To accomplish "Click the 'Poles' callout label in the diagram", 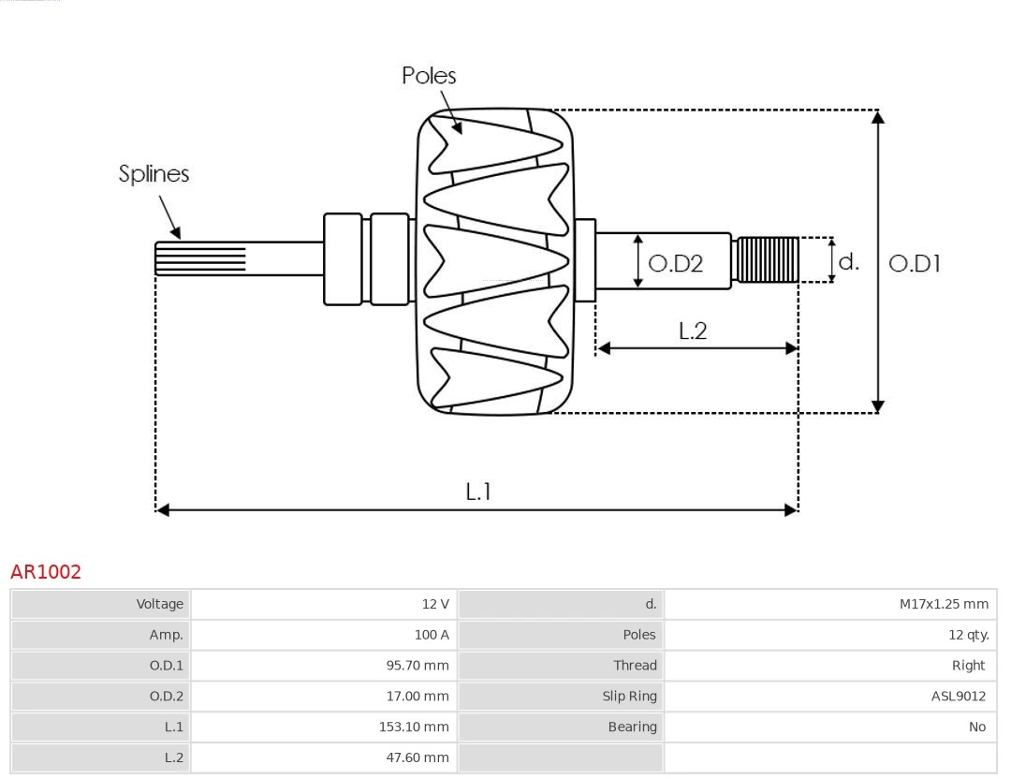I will click(x=429, y=76).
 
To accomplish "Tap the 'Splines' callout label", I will click(x=154, y=174).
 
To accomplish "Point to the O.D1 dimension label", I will click(x=914, y=264).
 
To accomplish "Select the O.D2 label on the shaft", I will click(x=675, y=264).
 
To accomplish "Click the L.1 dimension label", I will click(x=478, y=491).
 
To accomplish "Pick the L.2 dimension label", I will click(x=693, y=331).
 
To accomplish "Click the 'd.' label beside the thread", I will click(x=848, y=261).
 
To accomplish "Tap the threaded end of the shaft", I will click(x=768, y=259).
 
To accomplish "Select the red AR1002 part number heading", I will click(x=46, y=572).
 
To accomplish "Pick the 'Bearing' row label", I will click(x=632, y=727).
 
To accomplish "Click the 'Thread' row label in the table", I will click(x=635, y=666).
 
